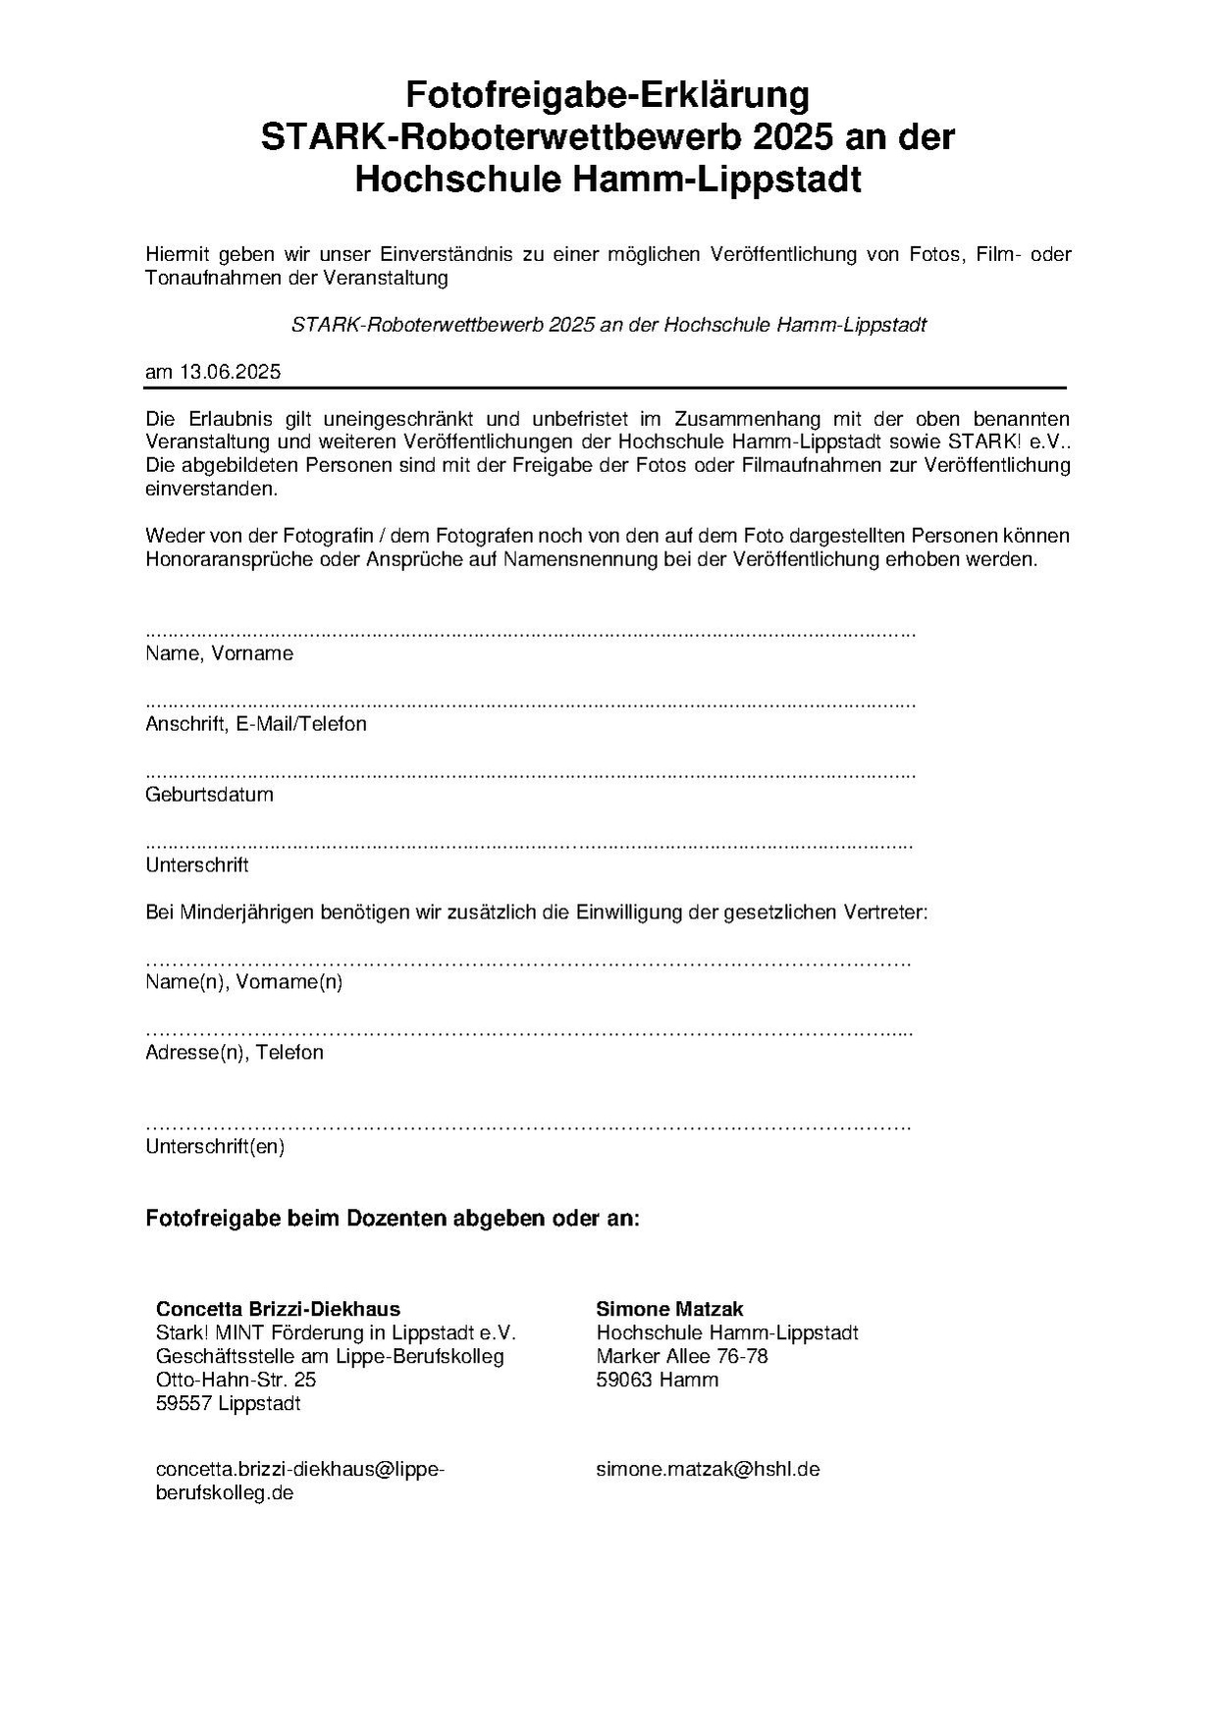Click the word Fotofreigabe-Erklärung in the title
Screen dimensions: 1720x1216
click(x=608, y=96)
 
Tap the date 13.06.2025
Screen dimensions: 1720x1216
click(x=230, y=372)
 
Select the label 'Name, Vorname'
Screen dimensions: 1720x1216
click(x=219, y=653)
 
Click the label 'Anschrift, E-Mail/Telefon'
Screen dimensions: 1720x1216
click(x=256, y=724)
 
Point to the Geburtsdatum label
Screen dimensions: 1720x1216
click(x=209, y=795)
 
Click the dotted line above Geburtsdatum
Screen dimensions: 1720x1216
click(x=530, y=775)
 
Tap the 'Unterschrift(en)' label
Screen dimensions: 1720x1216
click(x=215, y=1146)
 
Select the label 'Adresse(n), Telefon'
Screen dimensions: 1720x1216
click(x=235, y=1053)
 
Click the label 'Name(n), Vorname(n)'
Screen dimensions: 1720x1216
click(x=244, y=982)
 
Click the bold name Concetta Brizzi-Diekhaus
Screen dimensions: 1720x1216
click(x=278, y=1309)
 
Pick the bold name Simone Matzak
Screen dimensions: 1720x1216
click(x=669, y=1309)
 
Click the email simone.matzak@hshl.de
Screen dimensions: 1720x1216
click(x=708, y=1469)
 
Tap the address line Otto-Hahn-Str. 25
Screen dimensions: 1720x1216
click(x=236, y=1380)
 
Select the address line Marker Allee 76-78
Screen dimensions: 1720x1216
click(x=682, y=1356)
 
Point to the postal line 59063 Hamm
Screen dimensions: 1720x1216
click(x=657, y=1380)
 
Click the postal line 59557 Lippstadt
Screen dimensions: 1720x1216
click(x=228, y=1403)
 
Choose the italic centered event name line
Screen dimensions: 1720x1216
click(x=608, y=325)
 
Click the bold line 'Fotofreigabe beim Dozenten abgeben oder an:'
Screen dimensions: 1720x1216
click(x=393, y=1219)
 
